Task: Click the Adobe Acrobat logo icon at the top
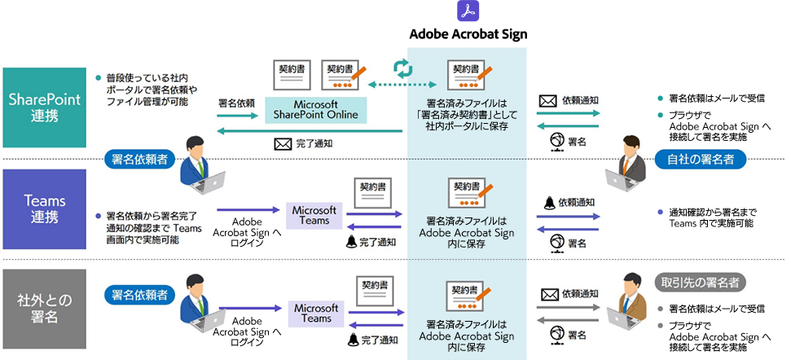(x=468, y=11)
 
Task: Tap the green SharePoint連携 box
(x=44, y=108)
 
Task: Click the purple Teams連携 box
(x=44, y=209)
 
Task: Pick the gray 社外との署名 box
(x=44, y=309)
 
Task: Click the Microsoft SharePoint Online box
(x=316, y=110)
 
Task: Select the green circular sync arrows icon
(x=403, y=68)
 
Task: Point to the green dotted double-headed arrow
(x=402, y=84)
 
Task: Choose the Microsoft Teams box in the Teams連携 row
(x=314, y=215)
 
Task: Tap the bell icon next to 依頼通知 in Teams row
(x=549, y=203)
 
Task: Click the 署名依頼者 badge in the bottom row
(x=136, y=295)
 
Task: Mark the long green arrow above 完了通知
(x=310, y=131)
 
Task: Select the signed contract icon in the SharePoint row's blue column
(x=471, y=75)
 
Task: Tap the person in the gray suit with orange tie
(x=626, y=164)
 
